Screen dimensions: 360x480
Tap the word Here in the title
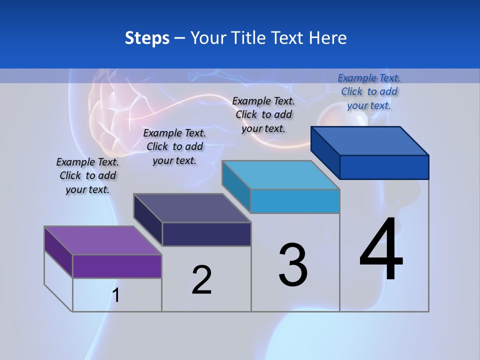pyautogui.click(x=327, y=38)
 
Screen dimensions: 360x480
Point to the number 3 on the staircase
pyautogui.click(x=292, y=265)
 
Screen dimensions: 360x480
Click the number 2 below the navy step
pyautogui.click(x=201, y=280)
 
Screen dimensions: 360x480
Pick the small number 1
pyautogui.click(x=116, y=295)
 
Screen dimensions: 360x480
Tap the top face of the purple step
pyautogui.click(x=102, y=240)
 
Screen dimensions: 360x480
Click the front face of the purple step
pyautogui.click(x=117, y=266)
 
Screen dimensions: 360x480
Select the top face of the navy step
pyautogui.click(x=192, y=207)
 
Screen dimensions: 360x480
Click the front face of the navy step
pyautogui.click(x=206, y=234)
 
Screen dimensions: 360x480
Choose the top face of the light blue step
pyautogui.click(x=280, y=175)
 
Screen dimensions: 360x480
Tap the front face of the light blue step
pyautogui.click(x=295, y=201)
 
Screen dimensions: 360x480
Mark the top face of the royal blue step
pyautogui.click(x=370, y=140)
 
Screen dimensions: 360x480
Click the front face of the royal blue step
pyautogui.click(x=384, y=167)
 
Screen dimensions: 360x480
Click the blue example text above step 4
pyautogui.click(x=369, y=91)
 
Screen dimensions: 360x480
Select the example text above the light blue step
pyautogui.click(x=263, y=114)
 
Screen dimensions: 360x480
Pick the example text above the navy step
pyautogui.click(x=174, y=146)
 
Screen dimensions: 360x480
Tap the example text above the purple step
pyautogui.click(x=87, y=175)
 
